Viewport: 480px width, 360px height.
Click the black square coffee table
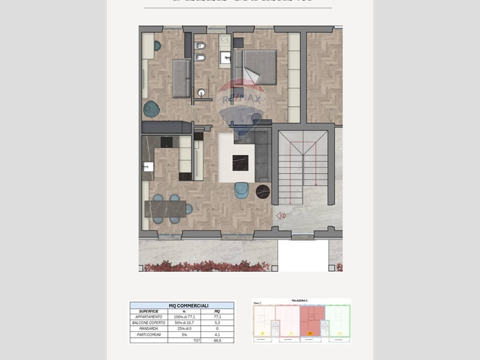coord(241,161)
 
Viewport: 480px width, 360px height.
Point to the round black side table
coord(263,191)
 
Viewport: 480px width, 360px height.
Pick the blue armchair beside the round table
coord(242,190)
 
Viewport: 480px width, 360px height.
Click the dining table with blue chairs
coord(166,208)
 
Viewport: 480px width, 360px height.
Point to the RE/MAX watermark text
coord(242,99)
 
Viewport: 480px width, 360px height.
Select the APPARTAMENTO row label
coord(148,317)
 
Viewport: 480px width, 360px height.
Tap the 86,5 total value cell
coord(217,340)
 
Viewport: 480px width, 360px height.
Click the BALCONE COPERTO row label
coord(148,323)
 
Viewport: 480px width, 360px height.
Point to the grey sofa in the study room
coord(181,78)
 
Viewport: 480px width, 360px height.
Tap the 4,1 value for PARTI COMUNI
coord(217,334)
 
